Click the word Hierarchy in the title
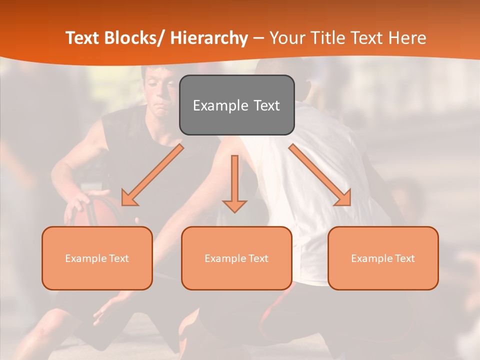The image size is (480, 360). point(209,38)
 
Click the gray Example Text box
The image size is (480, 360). point(236,105)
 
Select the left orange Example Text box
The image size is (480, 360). point(97,258)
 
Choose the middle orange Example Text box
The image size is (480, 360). point(236,258)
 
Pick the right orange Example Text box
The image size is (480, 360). point(383,258)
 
